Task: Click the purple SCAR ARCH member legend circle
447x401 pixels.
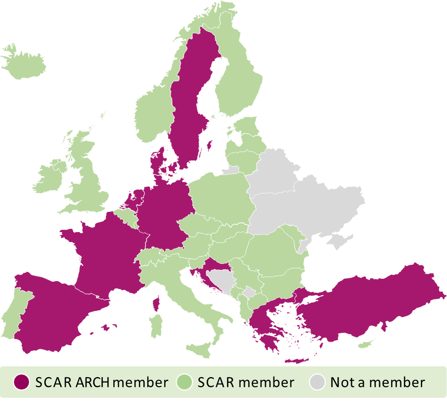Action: (21, 382)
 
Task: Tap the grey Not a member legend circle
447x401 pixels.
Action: (317, 382)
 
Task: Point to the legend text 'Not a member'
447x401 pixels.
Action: (377, 382)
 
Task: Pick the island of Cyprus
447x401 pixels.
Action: (366, 344)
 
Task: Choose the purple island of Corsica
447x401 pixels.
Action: (157, 304)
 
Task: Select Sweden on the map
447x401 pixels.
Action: (188, 103)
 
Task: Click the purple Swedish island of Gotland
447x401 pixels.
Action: (209, 145)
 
